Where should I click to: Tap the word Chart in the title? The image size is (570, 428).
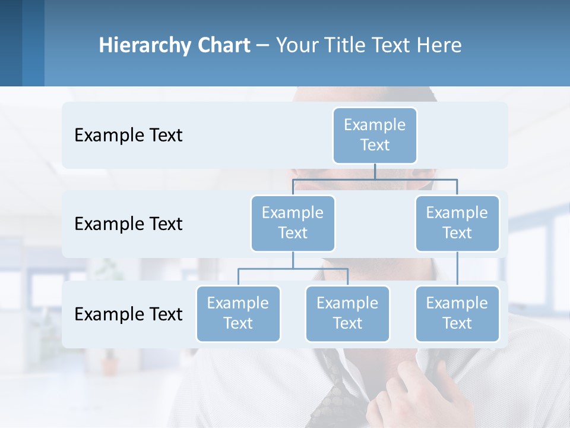tap(223, 46)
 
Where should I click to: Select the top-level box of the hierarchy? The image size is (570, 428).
tap(375, 135)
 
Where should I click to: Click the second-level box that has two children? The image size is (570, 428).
tap(293, 223)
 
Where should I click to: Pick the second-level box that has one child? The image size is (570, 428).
tap(457, 223)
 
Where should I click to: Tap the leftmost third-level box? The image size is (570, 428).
tap(238, 313)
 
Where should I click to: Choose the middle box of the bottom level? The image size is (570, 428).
tap(347, 313)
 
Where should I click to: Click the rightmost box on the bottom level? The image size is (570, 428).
tap(457, 313)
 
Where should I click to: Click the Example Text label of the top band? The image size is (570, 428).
tap(128, 136)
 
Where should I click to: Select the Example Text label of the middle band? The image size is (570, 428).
tap(128, 224)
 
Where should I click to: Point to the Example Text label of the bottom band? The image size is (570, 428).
tap(128, 314)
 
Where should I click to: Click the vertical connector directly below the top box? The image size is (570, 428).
tap(375, 171)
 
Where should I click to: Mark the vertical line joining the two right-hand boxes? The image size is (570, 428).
tap(457, 269)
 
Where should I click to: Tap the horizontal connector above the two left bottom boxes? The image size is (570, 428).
tap(293, 269)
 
